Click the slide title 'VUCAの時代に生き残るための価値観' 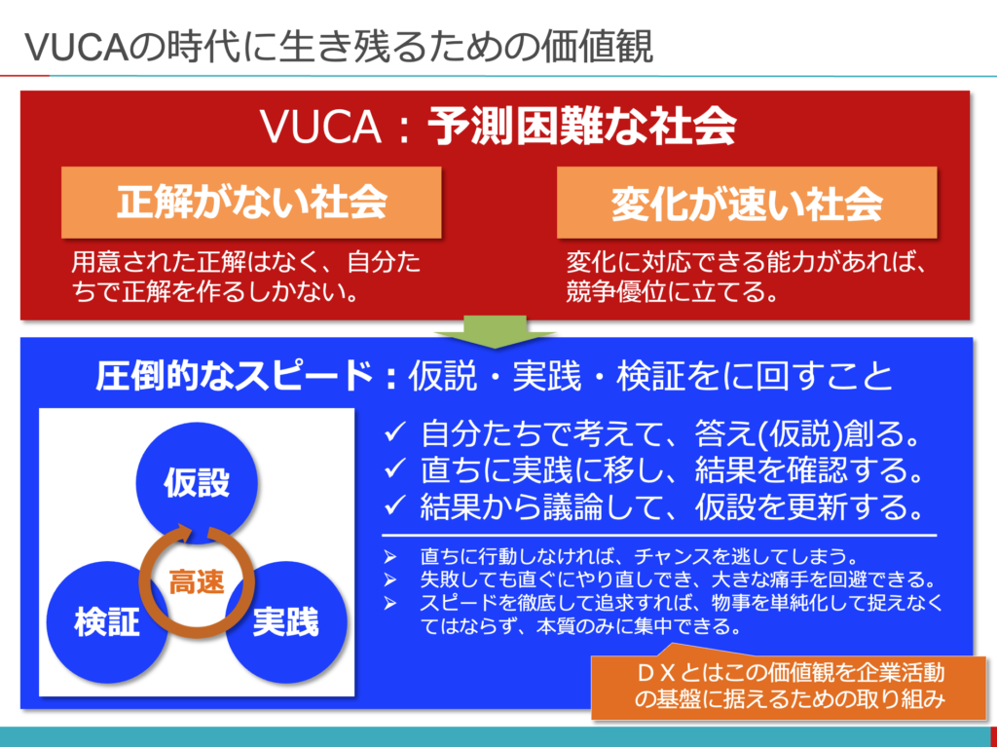click(x=339, y=47)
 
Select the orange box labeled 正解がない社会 click(x=251, y=203)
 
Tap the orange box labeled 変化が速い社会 click(x=747, y=203)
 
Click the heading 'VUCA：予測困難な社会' click(x=498, y=127)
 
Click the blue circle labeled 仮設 click(x=197, y=483)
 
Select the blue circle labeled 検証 click(x=107, y=622)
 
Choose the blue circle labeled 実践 click(x=286, y=622)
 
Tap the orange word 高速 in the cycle click(x=197, y=581)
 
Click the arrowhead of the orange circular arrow click(x=184, y=533)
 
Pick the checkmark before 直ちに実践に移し click(x=394, y=469)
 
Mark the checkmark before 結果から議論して click(x=394, y=506)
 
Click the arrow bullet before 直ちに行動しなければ click(x=389, y=557)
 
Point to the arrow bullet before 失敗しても click(x=389, y=579)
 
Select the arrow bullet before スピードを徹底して click(x=389, y=603)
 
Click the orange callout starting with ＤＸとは click(x=789, y=686)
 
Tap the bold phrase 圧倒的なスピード click(x=234, y=375)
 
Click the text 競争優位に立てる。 click(x=672, y=291)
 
